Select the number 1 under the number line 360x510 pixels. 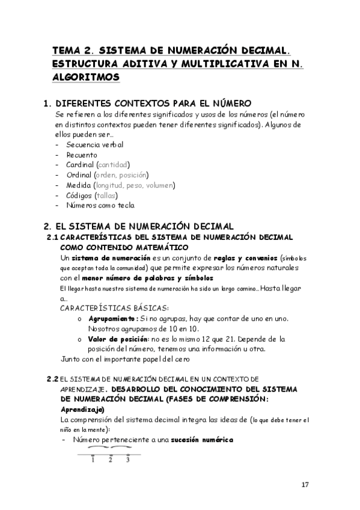point(93,461)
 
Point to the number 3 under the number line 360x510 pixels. point(128,461)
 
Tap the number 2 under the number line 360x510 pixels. point(111,461)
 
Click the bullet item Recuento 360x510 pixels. point(82,155)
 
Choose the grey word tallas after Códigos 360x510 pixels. point(106,195)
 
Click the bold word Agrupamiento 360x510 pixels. point(114,318)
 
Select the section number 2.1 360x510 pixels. point(52,237)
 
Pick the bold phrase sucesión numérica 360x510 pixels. point(201,440)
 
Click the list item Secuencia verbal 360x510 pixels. point(95,144)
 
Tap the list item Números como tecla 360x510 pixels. point(100,206)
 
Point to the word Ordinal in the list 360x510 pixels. point(80,175)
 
